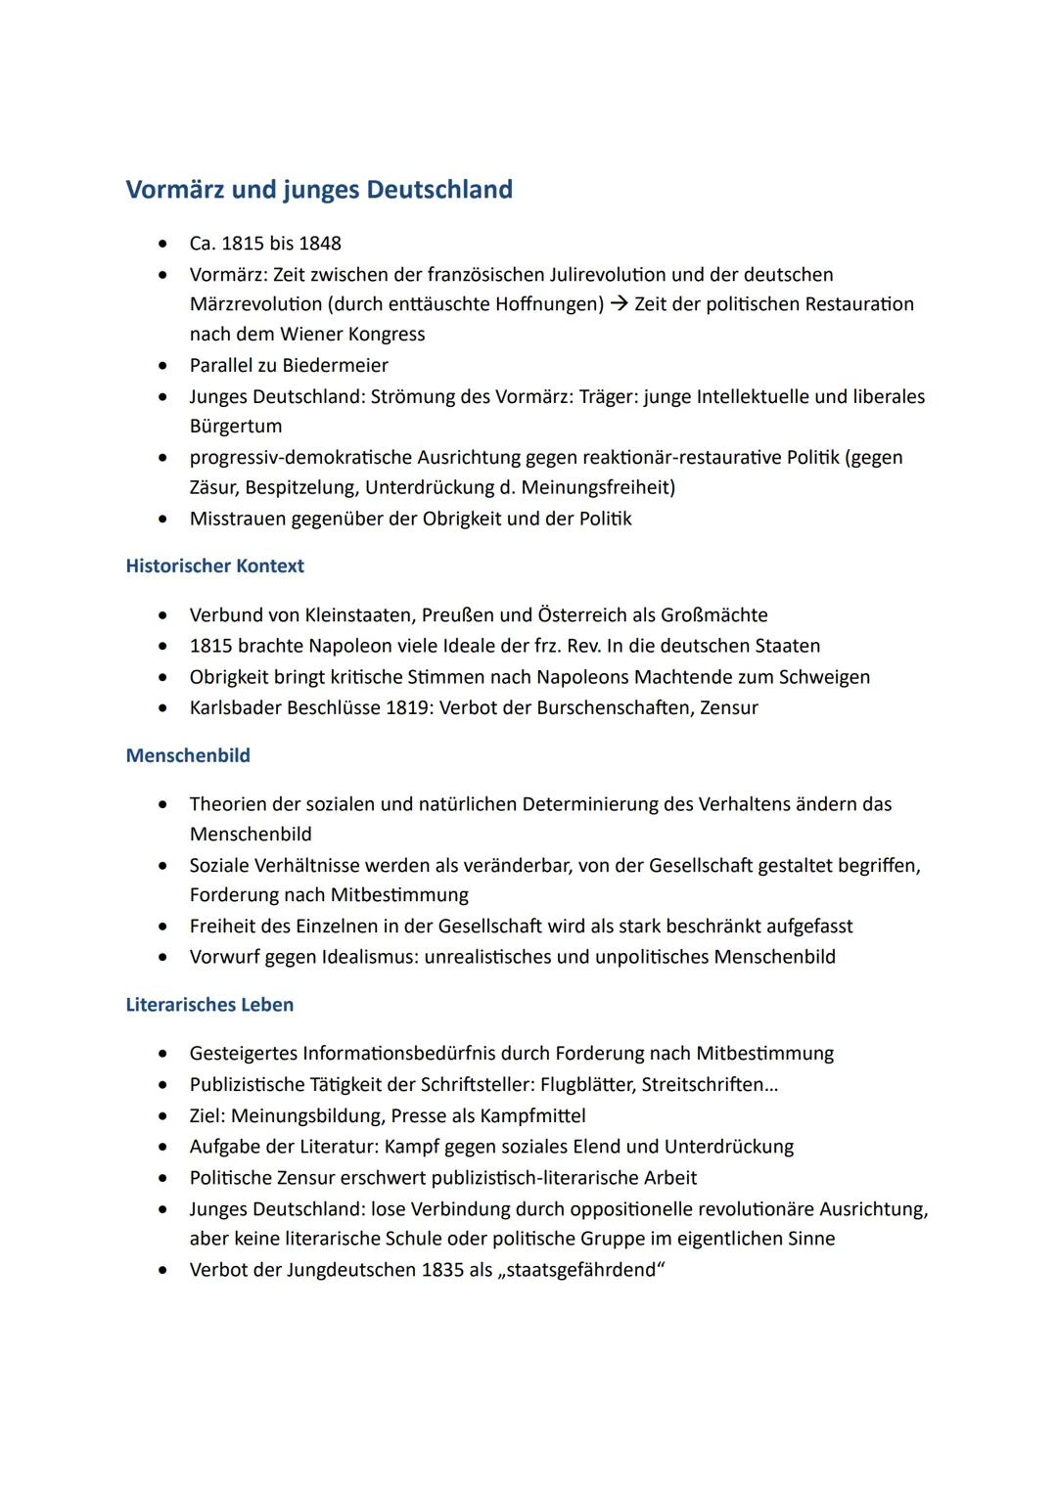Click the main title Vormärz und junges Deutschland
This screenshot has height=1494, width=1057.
click(x=319, y=190)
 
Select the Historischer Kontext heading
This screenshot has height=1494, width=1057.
click(x=214, y=566)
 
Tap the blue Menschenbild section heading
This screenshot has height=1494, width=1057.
click(x=188, y=756)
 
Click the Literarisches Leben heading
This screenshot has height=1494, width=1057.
click(x=209, y=1005)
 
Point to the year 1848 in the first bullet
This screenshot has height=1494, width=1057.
click(x=320, y=244)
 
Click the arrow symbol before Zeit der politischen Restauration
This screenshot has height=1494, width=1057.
click(x=619, y=305)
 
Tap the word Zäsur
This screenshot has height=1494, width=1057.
click(x=212, y=487)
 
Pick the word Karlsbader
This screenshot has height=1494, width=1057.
click(x=235, y=708)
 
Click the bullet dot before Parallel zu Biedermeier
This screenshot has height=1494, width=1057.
click(x=162, y=366)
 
